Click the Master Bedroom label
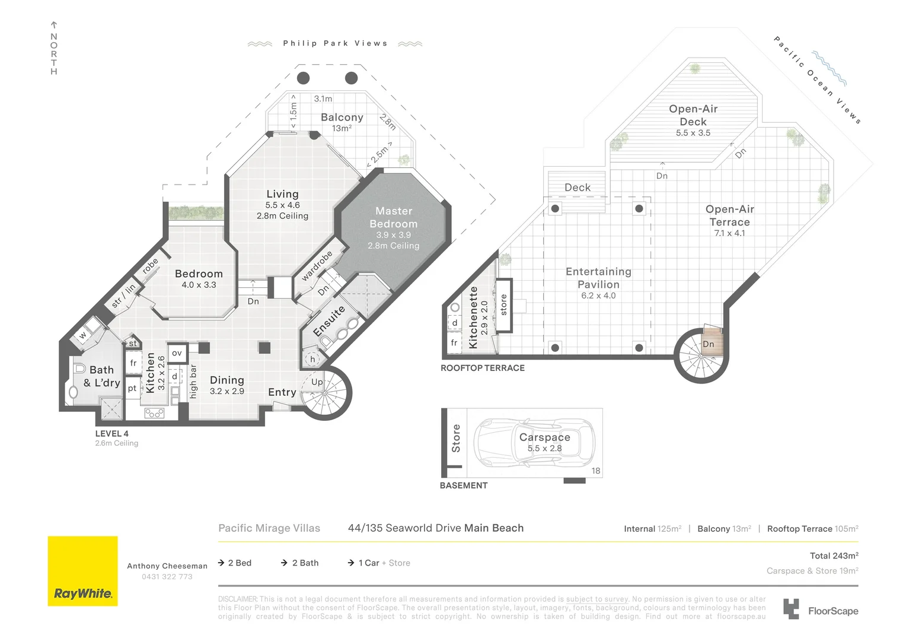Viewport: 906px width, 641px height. [394, 218]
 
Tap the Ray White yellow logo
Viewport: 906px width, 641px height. [82, 571]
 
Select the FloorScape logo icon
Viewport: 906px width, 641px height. [791, 610]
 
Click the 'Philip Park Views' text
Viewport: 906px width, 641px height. [335, 43]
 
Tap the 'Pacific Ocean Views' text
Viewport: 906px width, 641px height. [817, 80]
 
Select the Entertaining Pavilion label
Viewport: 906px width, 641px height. [598, 278]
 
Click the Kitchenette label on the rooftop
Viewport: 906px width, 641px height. [473, 318]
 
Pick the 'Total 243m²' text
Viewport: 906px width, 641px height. [834, 556]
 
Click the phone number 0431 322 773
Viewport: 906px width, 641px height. [167, 577]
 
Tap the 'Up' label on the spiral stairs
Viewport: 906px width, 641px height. [317, 382]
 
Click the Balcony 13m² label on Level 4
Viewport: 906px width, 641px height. [342, 122]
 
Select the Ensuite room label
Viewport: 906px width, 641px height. [328, 321]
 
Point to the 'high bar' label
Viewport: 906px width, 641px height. [193, 382]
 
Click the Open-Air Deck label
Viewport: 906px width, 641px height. [693, 115]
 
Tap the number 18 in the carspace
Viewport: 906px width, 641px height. [595, 471]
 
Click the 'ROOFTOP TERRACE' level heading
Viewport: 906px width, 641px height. [483, 368]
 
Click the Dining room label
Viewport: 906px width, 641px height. [226, 380]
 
